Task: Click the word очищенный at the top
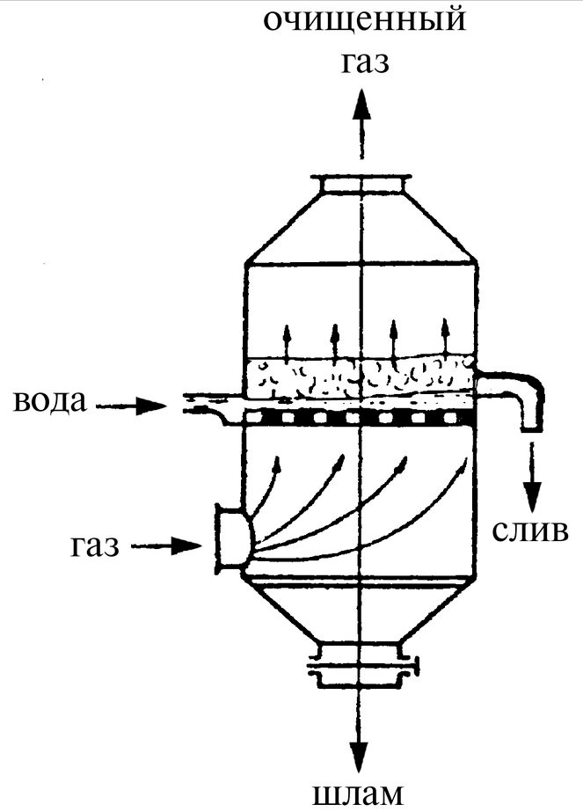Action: coord(365,21)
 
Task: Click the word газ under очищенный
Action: coord(365,62)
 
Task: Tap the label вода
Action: coord(50,401)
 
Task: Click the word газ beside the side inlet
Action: coord(95,545)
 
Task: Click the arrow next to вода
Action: coord(132,406)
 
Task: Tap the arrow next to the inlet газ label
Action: coord(166,545)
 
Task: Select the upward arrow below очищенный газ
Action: coord(361,124)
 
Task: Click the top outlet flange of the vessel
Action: coord(361,185)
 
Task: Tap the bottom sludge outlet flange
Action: coord(362,664)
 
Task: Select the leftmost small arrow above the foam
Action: coord(285,342)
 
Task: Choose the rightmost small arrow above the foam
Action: coord(445,337)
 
